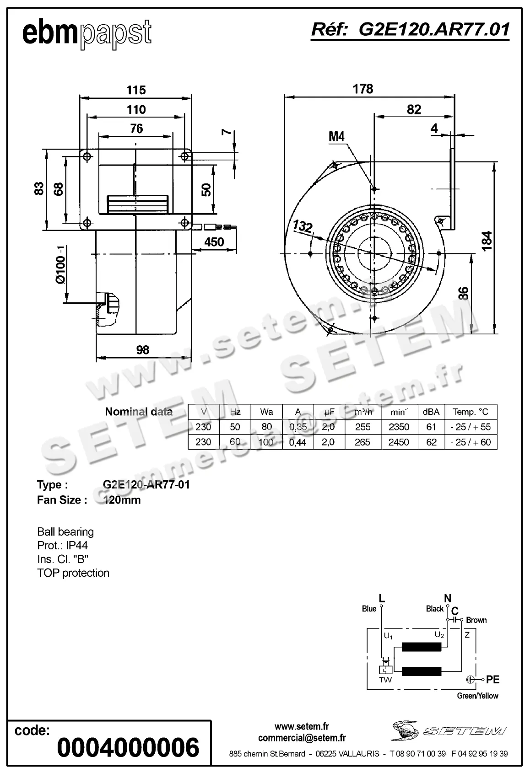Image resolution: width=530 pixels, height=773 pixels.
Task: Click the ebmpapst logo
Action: click(87, 33)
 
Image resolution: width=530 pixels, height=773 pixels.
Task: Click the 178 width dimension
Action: click(363, 89)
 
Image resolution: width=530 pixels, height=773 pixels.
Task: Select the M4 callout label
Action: click(336, 136)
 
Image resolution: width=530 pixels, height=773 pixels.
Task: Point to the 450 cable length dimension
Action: click(214, 242)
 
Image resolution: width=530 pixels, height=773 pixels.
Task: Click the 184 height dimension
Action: click(487, 241)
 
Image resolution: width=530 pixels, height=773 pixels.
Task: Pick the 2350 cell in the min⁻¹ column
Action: click(399, 427)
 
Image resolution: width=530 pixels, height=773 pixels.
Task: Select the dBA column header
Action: click(431, 412)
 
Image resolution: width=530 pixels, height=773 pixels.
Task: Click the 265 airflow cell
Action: click(362, 442)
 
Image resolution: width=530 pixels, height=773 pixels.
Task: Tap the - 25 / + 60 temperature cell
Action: click(470, 442)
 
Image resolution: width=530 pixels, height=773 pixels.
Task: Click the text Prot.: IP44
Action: click(62, 546)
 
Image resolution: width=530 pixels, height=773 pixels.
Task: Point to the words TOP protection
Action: click(73, 573)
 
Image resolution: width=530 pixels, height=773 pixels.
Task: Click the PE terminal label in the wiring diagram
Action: click(492, 680)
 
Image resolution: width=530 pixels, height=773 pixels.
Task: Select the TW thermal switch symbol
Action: click(386, 670)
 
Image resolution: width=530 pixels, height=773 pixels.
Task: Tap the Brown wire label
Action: click(476, 620)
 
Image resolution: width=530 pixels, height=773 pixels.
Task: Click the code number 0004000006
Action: click(129, 748)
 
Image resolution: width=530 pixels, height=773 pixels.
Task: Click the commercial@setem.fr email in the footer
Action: click(302, 738)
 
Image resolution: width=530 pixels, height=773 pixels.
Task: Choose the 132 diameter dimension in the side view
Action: click(303, 226)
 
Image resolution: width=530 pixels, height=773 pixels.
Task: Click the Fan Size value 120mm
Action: click(122, 500)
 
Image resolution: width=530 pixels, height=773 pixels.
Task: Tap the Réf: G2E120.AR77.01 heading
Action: click(410, 30)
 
